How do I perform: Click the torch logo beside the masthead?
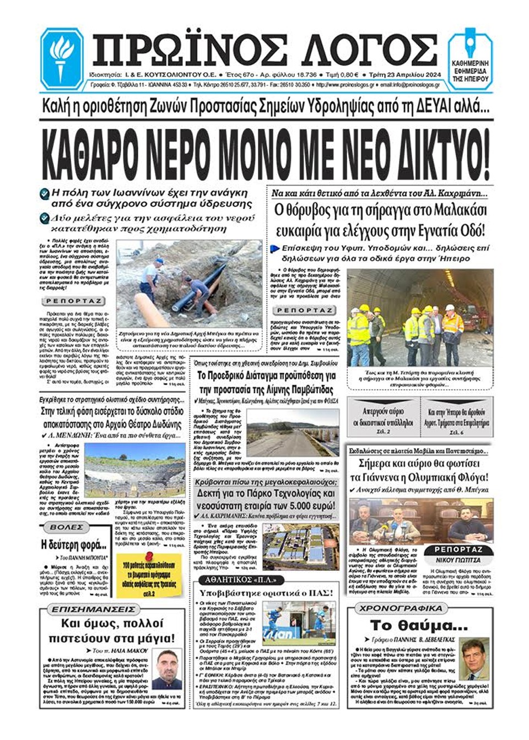tap(62, 58)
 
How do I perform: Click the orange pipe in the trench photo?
tap(152, 310)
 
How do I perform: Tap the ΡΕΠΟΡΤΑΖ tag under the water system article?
tap(73, 301)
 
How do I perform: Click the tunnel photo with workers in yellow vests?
tap(420, 318)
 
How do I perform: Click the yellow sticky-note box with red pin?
tap(148, 574)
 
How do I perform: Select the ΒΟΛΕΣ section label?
tap(66, 527)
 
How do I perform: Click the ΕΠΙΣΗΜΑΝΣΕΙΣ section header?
tap(93, 609)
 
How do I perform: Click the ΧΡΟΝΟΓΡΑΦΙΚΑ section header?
tap(401, 608)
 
